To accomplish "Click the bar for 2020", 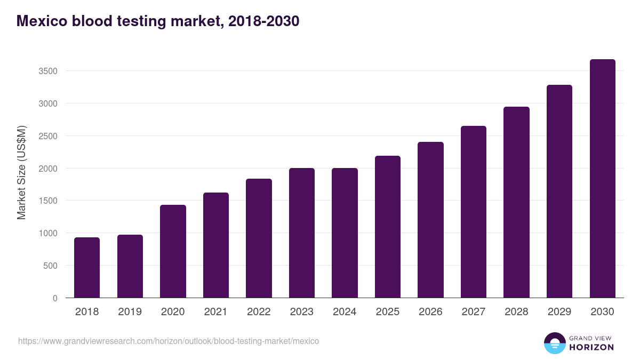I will [173, 251].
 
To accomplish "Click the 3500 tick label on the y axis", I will [47, 71].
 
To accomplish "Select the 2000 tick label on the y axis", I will [47, 169].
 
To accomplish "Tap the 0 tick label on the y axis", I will [55, 298].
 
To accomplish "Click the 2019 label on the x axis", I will [130, 311].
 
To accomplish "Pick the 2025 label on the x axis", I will [388, 311].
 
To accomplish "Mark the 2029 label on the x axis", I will [559, 311].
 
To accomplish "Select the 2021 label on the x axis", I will [216, 311].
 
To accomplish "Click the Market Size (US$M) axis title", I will [21, 172].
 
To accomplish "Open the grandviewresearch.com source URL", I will [169, 341].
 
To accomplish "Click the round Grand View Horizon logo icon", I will [555, 343].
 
